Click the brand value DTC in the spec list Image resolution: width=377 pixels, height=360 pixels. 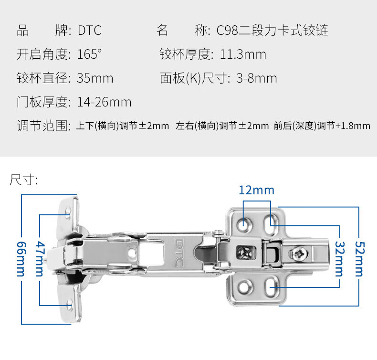tap(89, 31)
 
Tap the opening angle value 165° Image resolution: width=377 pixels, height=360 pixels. tap(89, 54)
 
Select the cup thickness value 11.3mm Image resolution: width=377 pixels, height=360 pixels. tap(242, 54)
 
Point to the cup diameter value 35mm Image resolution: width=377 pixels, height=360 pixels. tap(95, 78)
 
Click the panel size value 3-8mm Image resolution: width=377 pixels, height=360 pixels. tap(256, 78)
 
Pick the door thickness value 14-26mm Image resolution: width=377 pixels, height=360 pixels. tap(104, 102)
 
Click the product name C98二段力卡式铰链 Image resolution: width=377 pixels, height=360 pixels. tap(272, 31)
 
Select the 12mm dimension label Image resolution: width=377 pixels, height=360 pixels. tap(257, 190)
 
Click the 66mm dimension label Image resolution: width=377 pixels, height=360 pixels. tap(21, 258)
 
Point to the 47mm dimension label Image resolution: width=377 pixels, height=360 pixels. tap(40, 259)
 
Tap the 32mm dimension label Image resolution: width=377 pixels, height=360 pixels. tap(339, 259)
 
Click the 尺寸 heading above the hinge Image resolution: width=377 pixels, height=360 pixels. tap(23, 180)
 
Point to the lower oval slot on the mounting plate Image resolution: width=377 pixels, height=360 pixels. tap(270, 287)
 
